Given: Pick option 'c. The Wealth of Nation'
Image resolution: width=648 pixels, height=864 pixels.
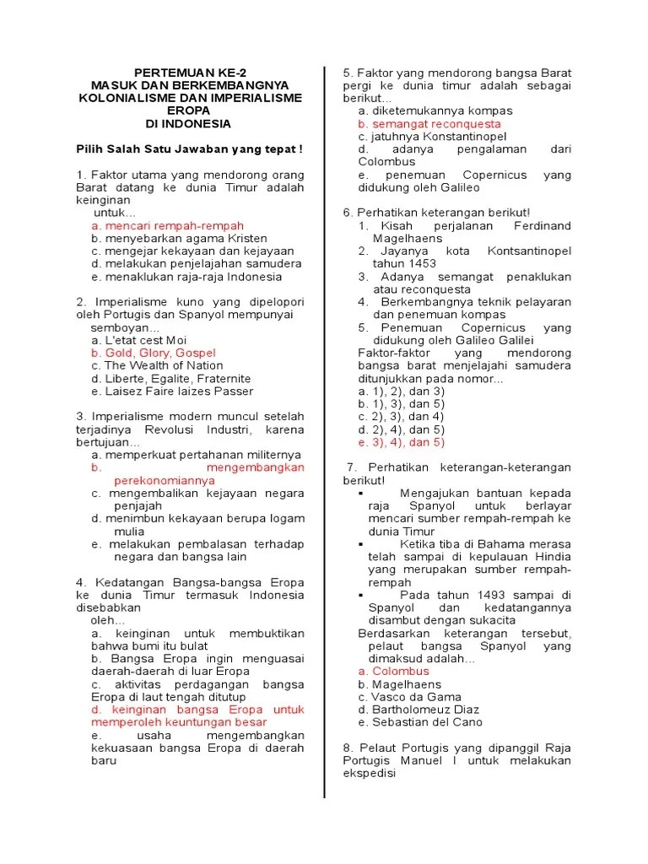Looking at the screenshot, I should pos(157,365).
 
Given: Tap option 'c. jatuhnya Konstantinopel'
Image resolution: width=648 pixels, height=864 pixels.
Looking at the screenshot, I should pos(432,136).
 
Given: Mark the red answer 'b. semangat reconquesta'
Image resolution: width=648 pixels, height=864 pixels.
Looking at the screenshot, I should pos(429,123).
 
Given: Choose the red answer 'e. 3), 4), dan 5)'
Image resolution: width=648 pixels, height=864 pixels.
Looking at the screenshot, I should pos(401,441).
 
